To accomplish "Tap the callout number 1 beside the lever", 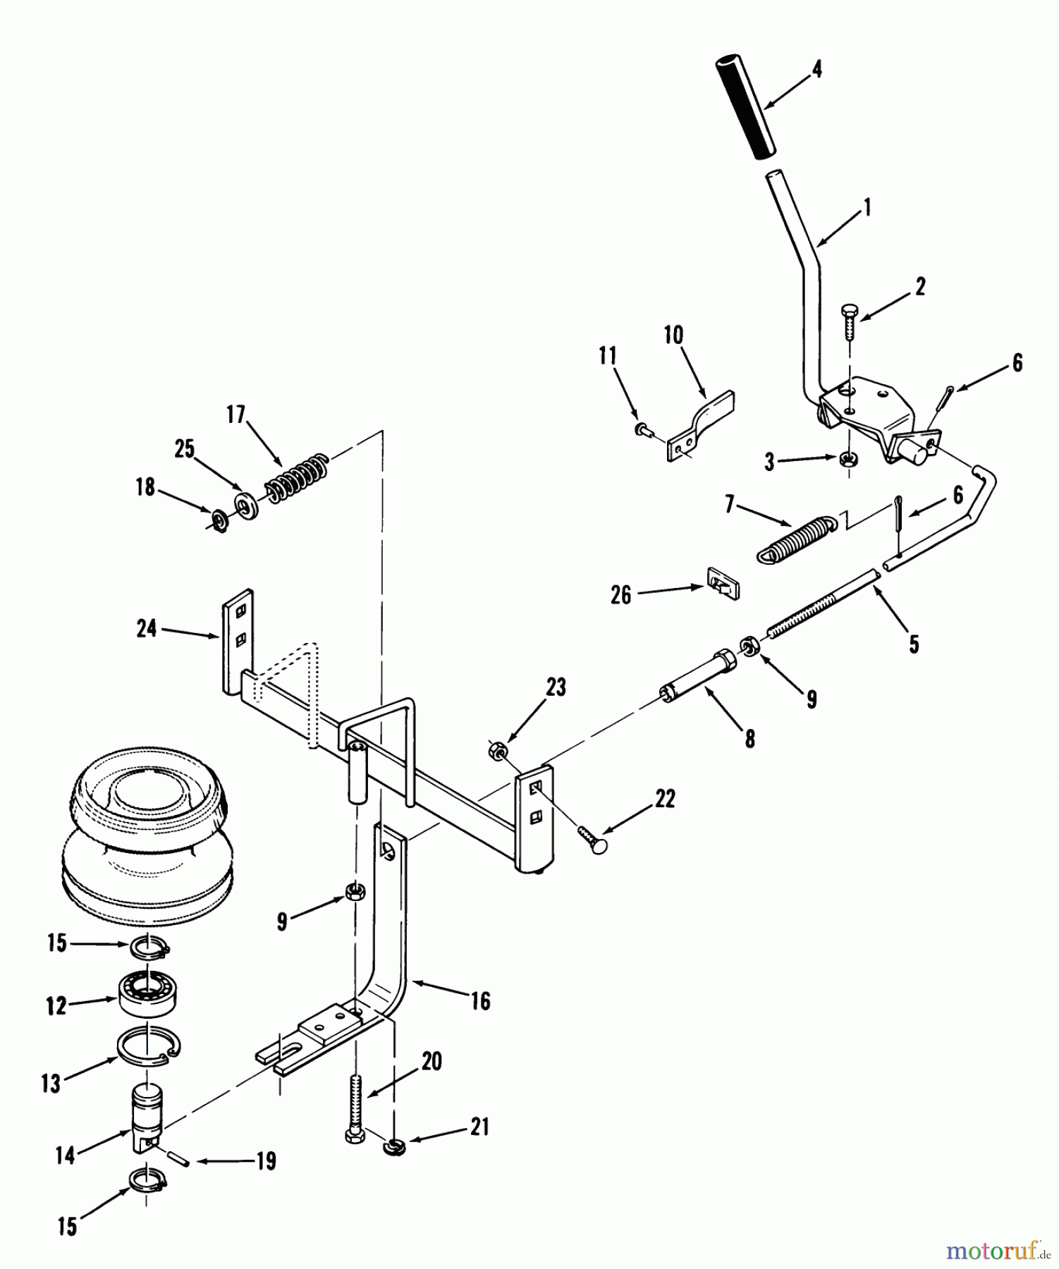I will (x=867, y=207).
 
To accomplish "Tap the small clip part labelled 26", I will (x=721, y=582).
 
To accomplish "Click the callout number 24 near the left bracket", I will (x=146, y=627).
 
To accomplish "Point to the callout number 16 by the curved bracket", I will (x=480, y=1001).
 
